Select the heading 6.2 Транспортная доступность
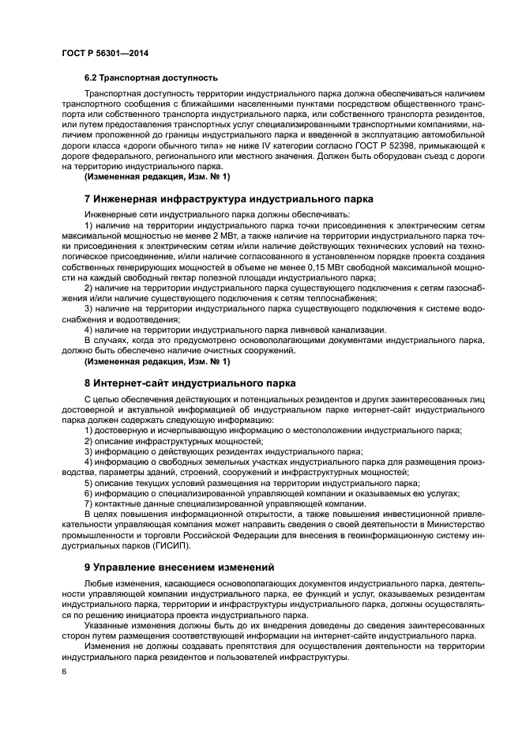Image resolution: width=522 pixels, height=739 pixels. (x=151, y=78)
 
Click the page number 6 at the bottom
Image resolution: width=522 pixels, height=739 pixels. (x=63, y=671)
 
